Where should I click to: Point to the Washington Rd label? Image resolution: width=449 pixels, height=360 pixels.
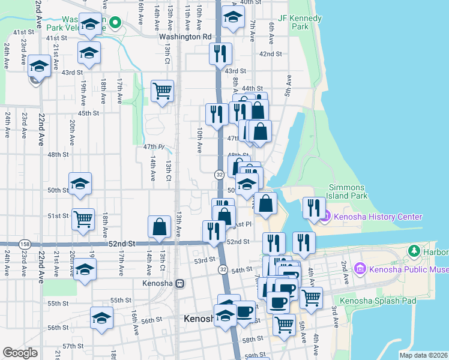point(185,36)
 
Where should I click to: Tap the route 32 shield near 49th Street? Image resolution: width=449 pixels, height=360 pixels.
point(220,174)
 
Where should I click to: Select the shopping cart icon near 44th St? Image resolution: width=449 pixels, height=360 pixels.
point(162,91)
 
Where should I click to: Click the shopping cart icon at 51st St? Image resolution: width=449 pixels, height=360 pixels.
point(83,218)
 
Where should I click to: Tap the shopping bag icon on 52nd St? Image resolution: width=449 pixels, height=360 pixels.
point(159,227)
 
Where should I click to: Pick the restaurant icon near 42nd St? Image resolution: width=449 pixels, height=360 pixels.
point(220,53)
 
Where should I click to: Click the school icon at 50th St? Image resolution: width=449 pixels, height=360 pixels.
point(79,184)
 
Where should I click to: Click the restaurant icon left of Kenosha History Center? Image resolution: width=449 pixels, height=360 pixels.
point(313,208)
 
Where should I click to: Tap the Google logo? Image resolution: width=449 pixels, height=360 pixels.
point(20,353)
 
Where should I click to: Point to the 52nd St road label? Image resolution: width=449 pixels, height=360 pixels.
point(121,244)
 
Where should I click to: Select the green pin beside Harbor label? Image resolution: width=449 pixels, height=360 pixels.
point(413,250)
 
